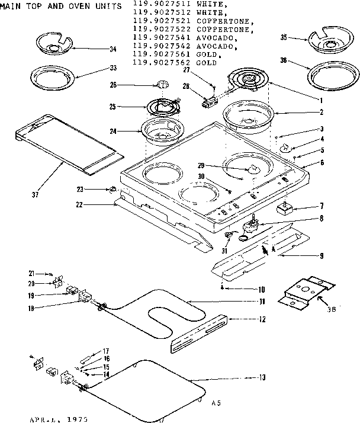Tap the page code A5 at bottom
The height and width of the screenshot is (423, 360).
(217, 403)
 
